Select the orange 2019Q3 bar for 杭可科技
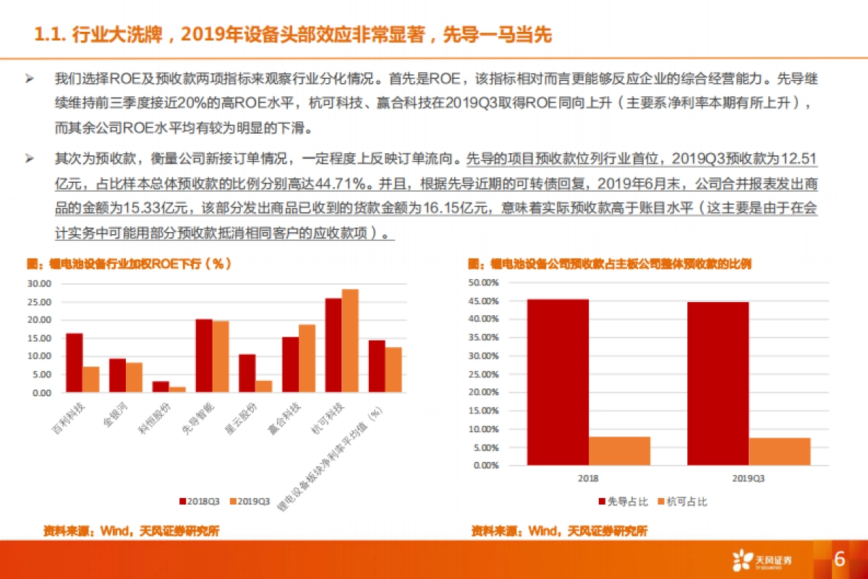click(350, 340)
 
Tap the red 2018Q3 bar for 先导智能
click(204, 356)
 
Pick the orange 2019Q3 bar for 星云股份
click(264, 386)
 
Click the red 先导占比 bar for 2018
click(558, 382)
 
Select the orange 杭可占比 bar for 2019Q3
click(779, 451)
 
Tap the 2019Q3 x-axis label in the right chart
click(749, 479)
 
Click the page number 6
click(840, 559)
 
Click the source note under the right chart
click(558, 531)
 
